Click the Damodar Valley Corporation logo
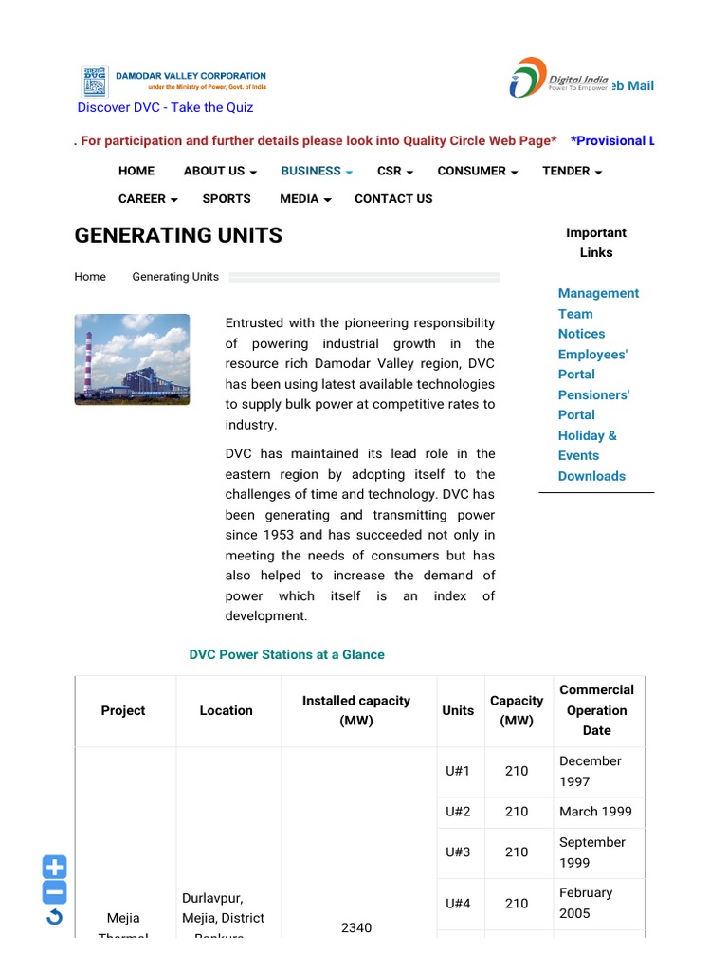(x=173, y=82)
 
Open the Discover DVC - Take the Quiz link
(x=165, y=107)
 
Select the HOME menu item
(x=136, y=171)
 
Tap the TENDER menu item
(x=572, y=171)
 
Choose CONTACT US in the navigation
(x=393, y=198)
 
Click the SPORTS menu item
(x=227, y=198)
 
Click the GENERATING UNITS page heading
(x=178, y=235)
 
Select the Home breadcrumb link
(x=90, y=277)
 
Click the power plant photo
(x=132, y=359)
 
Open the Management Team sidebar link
(x=598, y=303)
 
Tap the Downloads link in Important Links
(x=591, y=476)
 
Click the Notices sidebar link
(x=581, y=334)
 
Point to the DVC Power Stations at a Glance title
(x=286, y=654)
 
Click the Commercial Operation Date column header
(x=596, y=710)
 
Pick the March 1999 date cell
(x=595, y=812)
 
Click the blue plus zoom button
(x=55, y=867)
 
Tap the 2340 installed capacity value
(x=356, y=927)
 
